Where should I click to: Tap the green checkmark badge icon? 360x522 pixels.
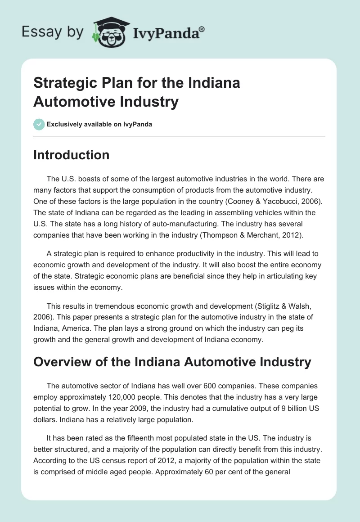coord(39,124)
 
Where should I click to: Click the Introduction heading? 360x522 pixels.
coord(71,155)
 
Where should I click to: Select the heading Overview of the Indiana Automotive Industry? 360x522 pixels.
coord(172,362)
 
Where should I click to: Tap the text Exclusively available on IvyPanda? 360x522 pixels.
coord(99,124)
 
